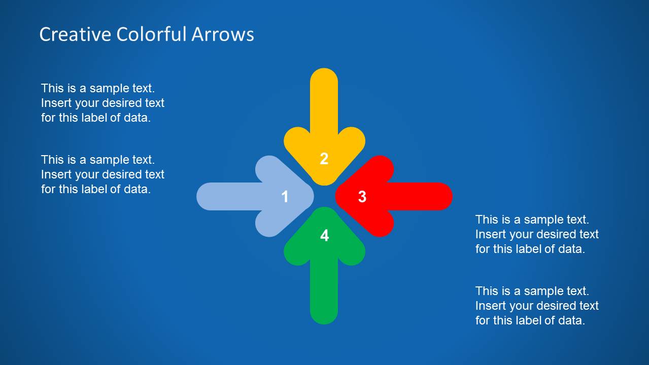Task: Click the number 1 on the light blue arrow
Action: (285, 197)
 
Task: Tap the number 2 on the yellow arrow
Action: (324, 159)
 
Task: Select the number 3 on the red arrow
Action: (362, 197)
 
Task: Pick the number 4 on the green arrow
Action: (324, 235)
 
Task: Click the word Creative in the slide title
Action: (75, 34)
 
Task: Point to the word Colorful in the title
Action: (151, 34)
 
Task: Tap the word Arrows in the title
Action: (223, 34)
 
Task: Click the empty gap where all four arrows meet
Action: (324, 197)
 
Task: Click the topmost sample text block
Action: (103, 103)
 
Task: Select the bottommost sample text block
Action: (537, 306)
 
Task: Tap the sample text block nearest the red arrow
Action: (537, 234)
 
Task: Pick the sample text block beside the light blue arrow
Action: (103, 174)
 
